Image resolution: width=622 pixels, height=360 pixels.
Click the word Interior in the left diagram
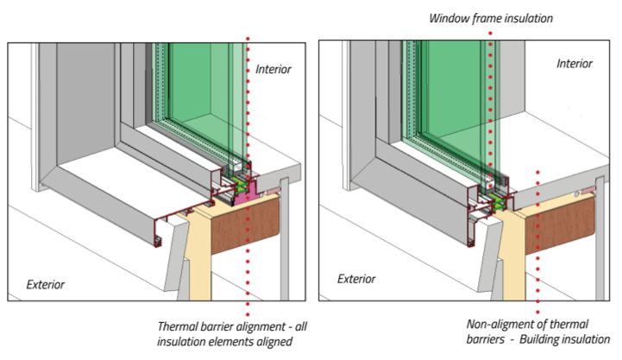274,69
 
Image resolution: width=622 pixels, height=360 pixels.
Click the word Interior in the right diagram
575,64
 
